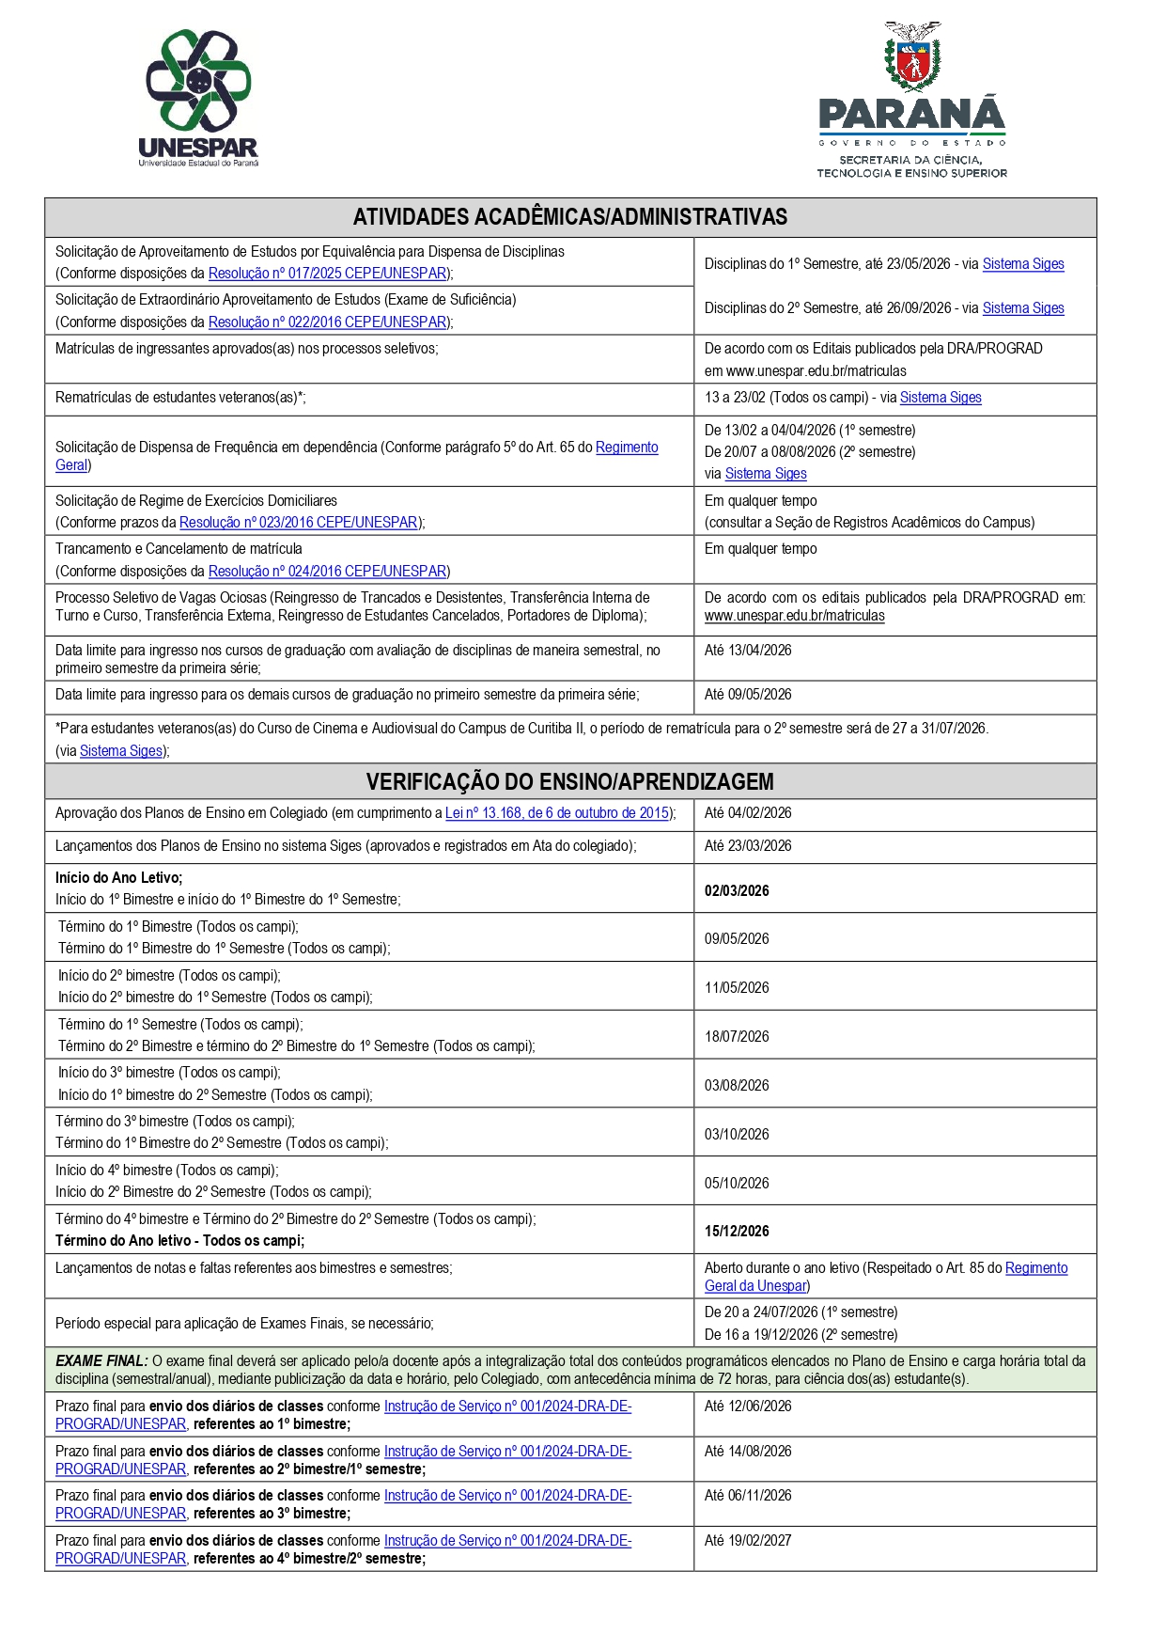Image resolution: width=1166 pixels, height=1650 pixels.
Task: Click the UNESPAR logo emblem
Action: point(198,81)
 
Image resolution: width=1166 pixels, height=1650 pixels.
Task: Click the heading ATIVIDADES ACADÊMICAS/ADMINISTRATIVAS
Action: point(569,217)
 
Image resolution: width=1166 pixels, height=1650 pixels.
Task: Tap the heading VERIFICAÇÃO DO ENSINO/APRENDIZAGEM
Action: point(569,781)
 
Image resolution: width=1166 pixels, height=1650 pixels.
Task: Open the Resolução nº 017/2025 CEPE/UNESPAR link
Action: point(327,274)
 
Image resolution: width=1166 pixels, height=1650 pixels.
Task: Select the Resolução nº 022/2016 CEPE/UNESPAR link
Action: point(327,322)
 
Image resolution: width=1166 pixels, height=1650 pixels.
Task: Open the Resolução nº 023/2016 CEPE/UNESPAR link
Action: point(299,523)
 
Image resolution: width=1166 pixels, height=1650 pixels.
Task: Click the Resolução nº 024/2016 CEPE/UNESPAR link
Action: point(327,572)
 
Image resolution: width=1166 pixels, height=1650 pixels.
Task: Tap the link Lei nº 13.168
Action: point(557,813)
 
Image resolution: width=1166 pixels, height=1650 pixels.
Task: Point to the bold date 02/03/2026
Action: point(737,890)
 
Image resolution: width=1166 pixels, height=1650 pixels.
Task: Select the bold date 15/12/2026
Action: point(737,1231)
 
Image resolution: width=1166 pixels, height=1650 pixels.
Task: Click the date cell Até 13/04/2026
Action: point(748,651)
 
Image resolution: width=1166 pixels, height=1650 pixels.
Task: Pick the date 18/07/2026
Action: point(737,1036)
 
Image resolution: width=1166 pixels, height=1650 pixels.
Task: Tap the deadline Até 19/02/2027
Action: point(748,1540)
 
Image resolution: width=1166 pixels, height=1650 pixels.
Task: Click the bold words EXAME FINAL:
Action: point(101,1360)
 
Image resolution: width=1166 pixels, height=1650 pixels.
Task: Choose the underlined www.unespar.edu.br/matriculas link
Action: point(794,616)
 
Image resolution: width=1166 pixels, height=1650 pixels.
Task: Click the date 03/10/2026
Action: point(737,1134)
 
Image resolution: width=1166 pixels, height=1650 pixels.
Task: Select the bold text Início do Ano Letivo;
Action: point(118,877)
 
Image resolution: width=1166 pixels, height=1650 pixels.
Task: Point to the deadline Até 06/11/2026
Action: point(748,1495)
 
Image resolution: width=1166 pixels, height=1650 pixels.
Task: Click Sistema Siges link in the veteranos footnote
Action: point(122,751)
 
